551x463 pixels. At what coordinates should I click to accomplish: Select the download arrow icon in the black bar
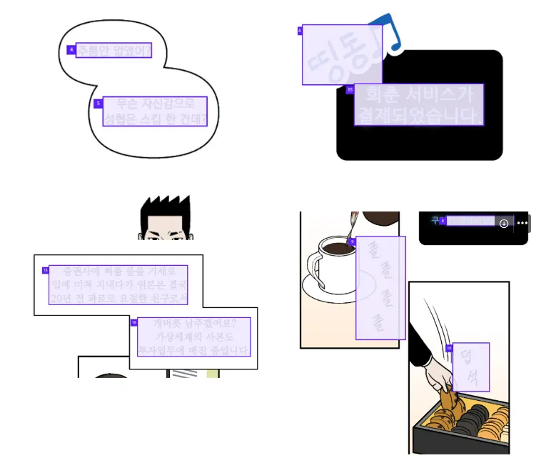click(x=504, y=223)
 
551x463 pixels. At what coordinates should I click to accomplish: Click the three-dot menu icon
click(x=522, y=223)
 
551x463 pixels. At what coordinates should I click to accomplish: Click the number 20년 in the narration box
click(x=61, y=298)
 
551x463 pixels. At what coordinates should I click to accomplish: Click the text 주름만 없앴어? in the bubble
click(x=113, y=51)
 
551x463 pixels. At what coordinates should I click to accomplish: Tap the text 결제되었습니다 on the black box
click(x=418, y=115)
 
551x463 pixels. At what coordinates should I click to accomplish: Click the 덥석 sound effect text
click(x=470, y=367)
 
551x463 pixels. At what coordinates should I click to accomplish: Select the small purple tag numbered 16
click(x=133, y=322)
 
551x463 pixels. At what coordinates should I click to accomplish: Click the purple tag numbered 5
click(x=98, y=104)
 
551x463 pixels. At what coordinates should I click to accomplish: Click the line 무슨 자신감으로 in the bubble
click(x=155, y=104)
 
